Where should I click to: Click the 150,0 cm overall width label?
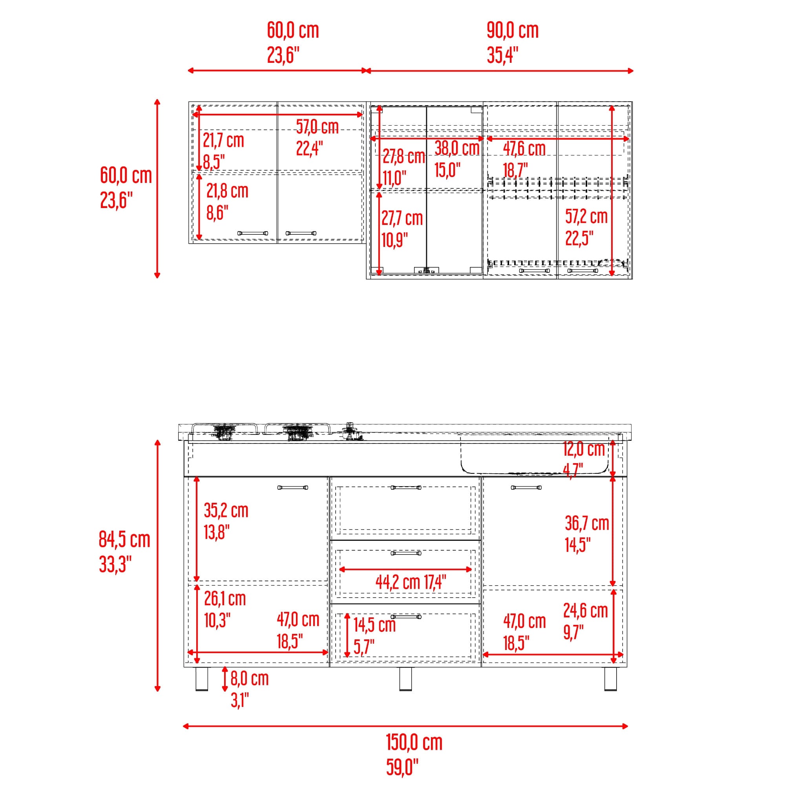pyautogui.click(x=414, y=743)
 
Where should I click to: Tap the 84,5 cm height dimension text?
pyautogui.click(x=124, y=540)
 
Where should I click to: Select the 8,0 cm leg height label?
pyautogui.click(x=250, y=679)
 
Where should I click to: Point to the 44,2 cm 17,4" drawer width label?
pyautogui.click(x=411, y=582)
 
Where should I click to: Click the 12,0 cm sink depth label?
pyautogui.click(x=584, y=449)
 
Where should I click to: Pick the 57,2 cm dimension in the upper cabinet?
pyautogui.click(x=586, y=217)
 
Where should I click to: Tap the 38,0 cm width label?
pyautogui.click(x=457, y=148)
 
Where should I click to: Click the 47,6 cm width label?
pyautogui.click(x=524, y=149)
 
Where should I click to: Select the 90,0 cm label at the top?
pyautogui.click(x=513, y=31)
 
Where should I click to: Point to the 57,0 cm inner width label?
pyautogui.click(x=317, y=127)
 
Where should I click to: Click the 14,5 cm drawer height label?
pyautogui.click(x=374, y=625)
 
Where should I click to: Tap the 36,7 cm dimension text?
pyautogui.click(x=587, y=523)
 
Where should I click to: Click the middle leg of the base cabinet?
pyautogui.click(x=405, y=679)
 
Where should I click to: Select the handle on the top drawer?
pyautogui.click(x=406, y=487)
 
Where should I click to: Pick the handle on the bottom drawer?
pyautogui.click(x=406, y=617)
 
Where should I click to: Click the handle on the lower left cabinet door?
pyautogui.click(x=292, y=487)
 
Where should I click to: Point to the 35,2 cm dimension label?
pyautogui.click(x=226, y=511)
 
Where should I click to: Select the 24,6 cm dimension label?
pyautogui.click(x=585, y=611)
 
